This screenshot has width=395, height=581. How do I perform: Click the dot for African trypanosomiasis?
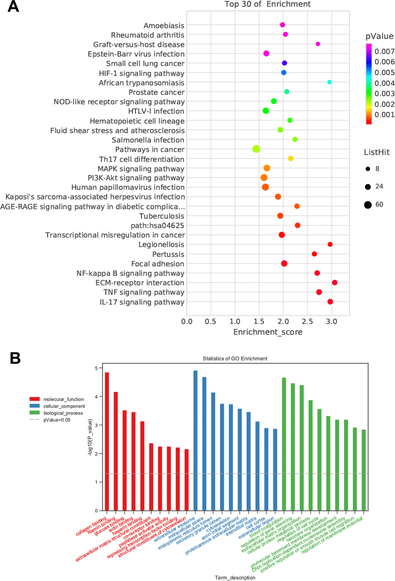[329, 82]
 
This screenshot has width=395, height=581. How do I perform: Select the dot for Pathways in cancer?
[256, 149]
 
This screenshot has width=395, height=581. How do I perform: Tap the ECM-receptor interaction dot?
[335, 283]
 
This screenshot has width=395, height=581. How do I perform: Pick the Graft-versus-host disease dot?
[318, 44]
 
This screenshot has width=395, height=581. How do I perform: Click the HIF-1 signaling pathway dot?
[283, 73]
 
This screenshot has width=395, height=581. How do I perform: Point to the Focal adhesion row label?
[158, 264]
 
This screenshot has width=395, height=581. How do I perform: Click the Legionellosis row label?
[161, 245]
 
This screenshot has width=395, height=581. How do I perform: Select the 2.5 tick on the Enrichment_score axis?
[307, 322]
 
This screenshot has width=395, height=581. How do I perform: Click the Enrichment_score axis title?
[268, 332]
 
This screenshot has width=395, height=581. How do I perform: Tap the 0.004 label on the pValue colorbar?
[384, 83]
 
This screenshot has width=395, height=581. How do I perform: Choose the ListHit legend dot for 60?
[368, 205]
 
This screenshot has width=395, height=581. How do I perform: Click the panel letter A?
[13, 7]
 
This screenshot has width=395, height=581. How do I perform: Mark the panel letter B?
[15, 358]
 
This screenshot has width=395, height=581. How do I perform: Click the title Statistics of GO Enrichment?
[235, 359]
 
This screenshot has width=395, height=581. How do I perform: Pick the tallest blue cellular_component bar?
[196, 441]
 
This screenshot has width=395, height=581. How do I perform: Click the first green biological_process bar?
[284, 444]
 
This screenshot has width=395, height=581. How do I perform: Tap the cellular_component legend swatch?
[34, 406]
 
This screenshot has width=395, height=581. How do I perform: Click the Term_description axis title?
[235, 578]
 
